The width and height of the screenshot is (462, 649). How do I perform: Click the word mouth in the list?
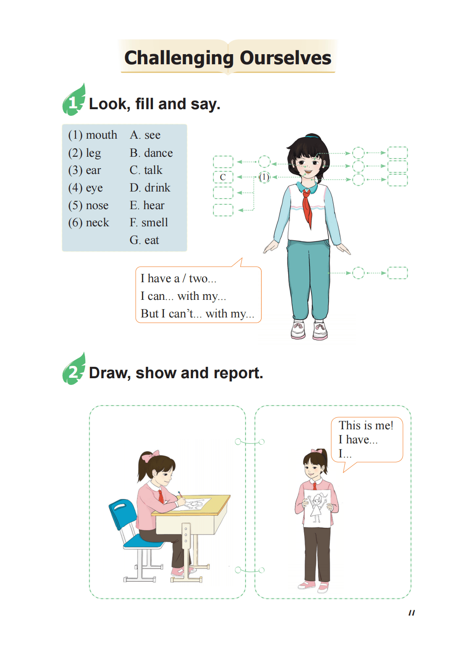pyautogui.click(x=101, y=135)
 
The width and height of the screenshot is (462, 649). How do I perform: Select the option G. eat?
pyautogui.click(x=144, y=240)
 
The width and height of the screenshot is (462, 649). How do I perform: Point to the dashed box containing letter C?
pyautogui.click(x=223, y=177)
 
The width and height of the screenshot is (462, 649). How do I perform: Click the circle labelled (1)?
pyautogui.click(x=264, y=177)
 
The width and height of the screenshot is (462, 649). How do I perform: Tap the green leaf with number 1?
pyautogui.click(x=74, y=100)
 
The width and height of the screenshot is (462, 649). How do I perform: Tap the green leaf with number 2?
pyautogui.click(x=74, y=369)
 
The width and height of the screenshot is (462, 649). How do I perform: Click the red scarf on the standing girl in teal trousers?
pyautogui.click(x=307, y=207)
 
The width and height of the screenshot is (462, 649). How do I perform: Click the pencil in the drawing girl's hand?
pyautogui.click(x=181, y=494)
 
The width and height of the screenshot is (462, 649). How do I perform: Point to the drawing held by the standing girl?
pyautogui.click(x=317, y=508)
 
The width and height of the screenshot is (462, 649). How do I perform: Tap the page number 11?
pyautogui.click(x=412, y=613)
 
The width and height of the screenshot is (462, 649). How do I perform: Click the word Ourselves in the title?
pyautogui.click(x=285, y=58)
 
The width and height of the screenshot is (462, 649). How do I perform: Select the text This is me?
pyautogui.click(x=366, y=425)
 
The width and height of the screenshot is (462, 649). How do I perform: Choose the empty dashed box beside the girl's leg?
pyautogui.click(x=398, y=273)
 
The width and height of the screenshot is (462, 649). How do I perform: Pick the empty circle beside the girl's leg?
pyautogui.click(x=358, y=273)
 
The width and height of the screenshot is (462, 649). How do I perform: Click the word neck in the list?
pyautogui.click(x=97, y=222)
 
